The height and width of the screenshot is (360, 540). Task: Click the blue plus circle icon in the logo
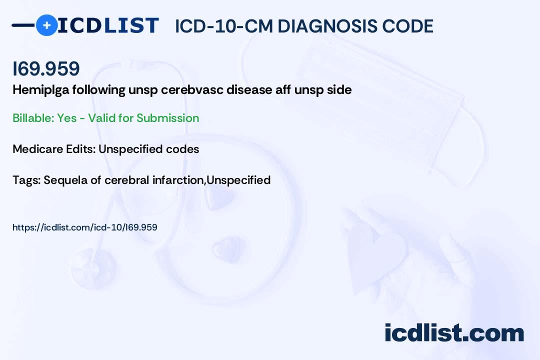[46, 25]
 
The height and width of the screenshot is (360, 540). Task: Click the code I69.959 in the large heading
[46, 68]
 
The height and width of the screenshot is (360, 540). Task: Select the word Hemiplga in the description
[41, 90]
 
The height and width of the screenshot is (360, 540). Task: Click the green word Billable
[33, 118]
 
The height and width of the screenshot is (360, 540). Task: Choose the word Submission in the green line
[167, 118]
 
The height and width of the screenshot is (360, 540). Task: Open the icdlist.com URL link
[84, 227]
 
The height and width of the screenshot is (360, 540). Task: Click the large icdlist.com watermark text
[454, 332]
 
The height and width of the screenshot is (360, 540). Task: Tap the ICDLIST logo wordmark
[108, 25]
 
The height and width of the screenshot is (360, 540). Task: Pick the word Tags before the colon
[26, 180]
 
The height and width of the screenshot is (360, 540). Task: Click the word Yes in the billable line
[67, 118]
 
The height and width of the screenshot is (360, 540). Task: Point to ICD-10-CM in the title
[224, 26]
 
